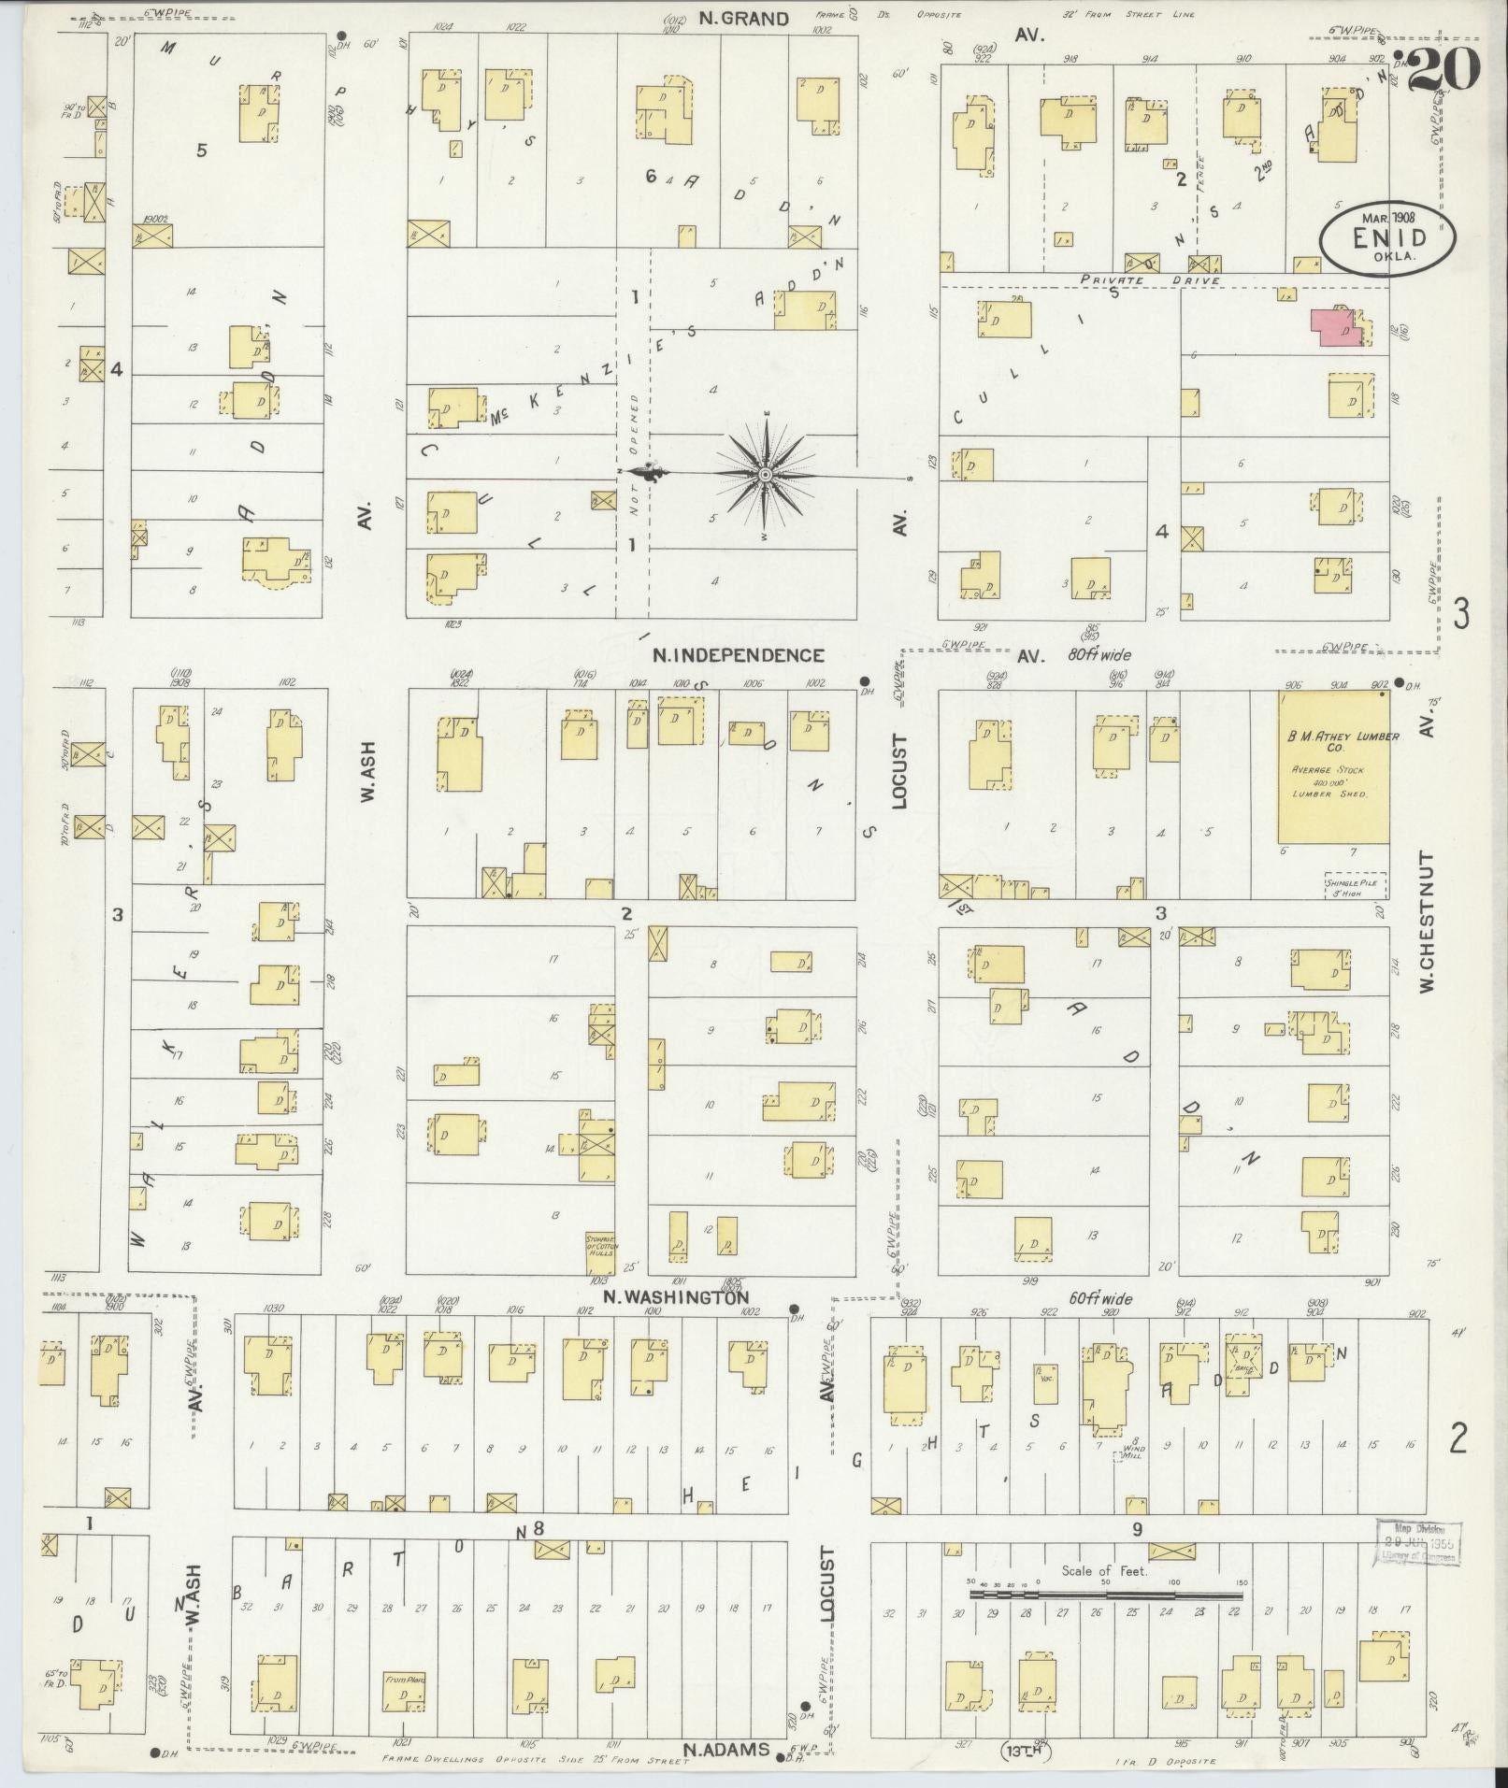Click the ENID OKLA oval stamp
[1387, 238]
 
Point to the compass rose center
[766, 475]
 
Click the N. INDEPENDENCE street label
[738, 655]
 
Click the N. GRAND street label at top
[747, 19]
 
